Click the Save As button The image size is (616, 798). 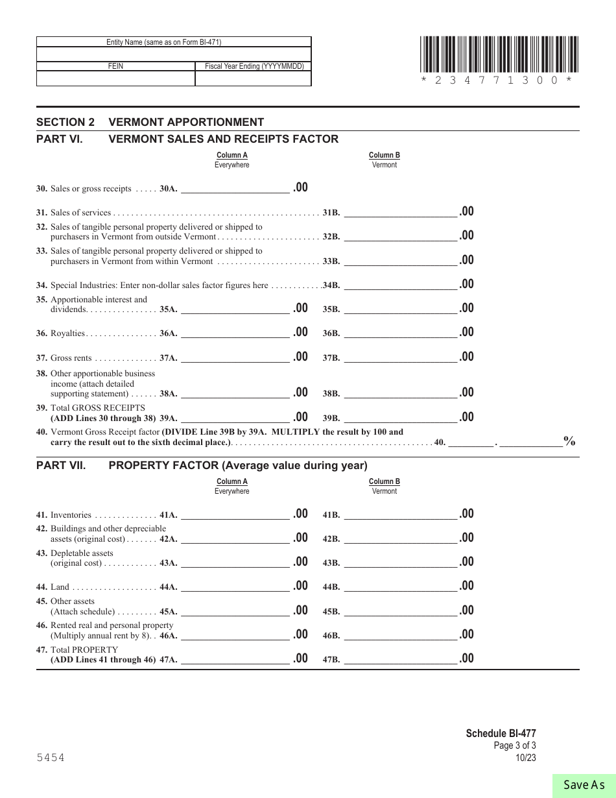tap(584, 785)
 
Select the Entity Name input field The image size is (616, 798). tap(174, 54)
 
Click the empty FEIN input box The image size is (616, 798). tap(115, 79)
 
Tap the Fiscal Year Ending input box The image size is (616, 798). tap(253, 79)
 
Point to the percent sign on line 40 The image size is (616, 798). tap(569, 441)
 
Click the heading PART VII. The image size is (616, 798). tap(60, 465)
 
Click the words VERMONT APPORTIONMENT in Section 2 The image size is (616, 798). tap(186, 122)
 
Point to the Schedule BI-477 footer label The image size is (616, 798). tap(501, 733)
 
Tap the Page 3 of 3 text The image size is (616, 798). tap(515, 745)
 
